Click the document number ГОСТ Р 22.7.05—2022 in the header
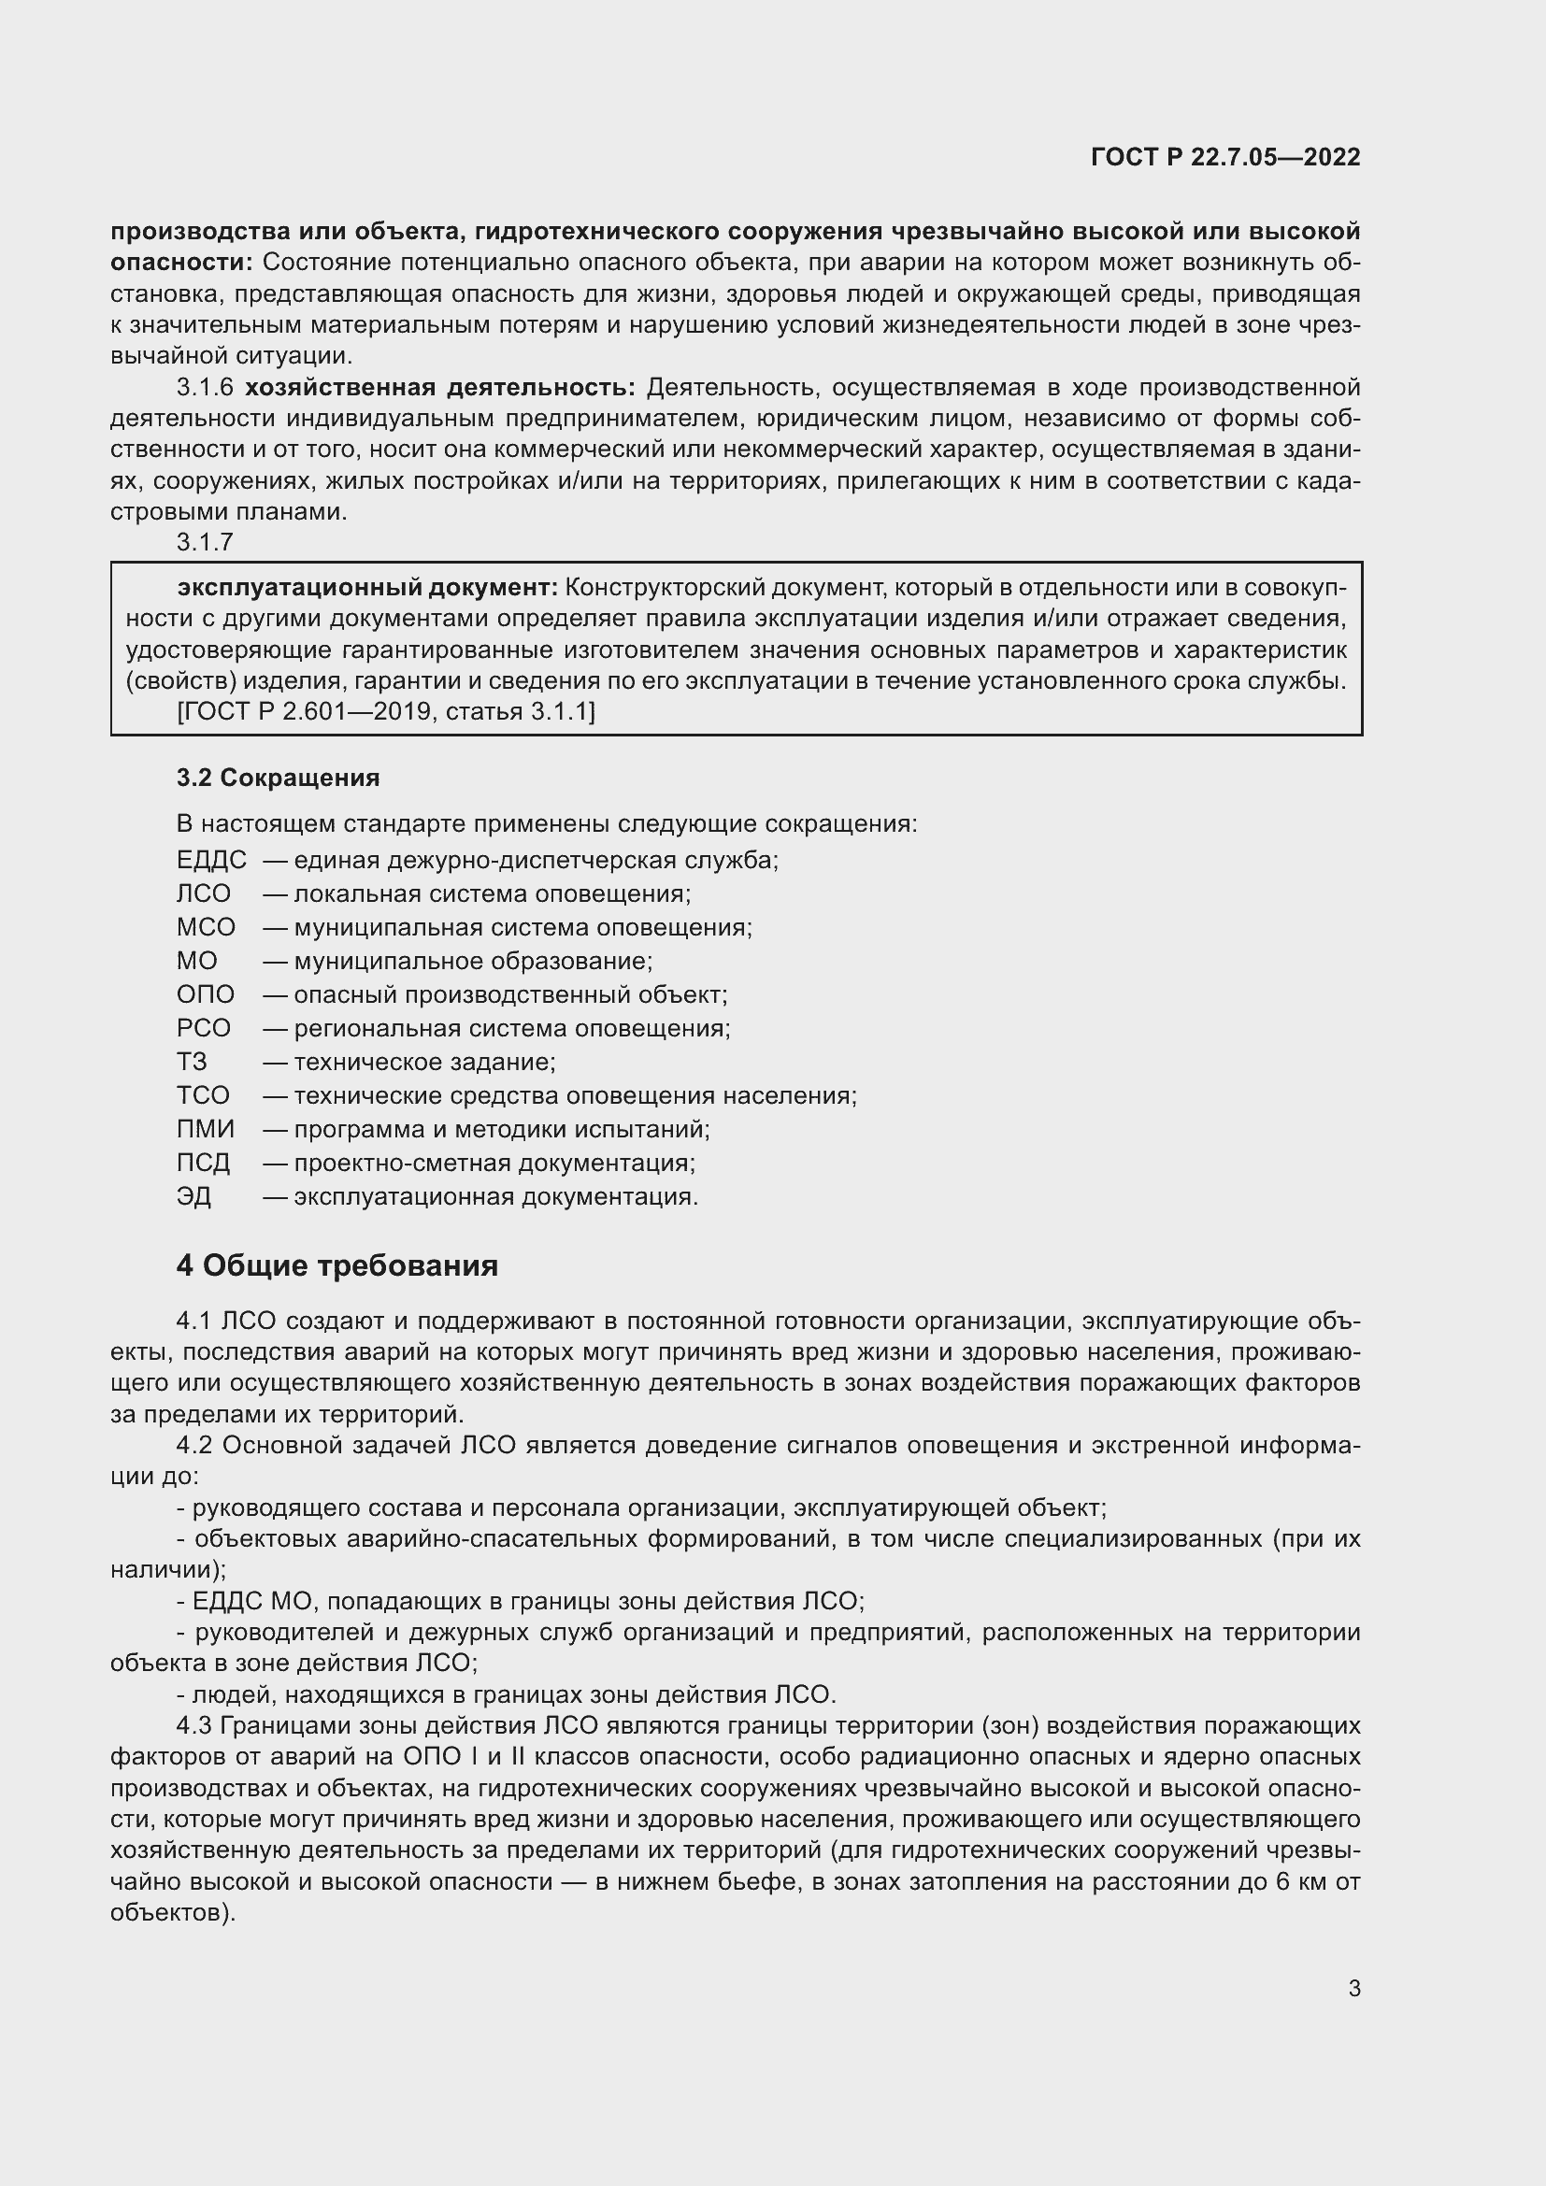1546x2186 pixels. click(1225, 157)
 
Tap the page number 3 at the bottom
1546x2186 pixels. click(1353, 1988)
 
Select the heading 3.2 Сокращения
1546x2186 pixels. click(278, 778)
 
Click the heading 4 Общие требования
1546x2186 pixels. click(337, 1265)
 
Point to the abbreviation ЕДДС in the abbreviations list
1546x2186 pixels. click(211, 861)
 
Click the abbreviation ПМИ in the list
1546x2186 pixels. click(205, 1129)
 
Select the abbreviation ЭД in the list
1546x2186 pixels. click(193, 1197)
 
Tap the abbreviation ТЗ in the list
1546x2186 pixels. click(192, 1062)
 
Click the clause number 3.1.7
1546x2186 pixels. click(205, 542)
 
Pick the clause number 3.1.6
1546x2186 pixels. click(205, 388)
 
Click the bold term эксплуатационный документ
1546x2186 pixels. click(367, 588)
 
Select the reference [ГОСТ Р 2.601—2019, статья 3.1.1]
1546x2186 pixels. click(385, 711)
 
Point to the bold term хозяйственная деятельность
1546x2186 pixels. click(440, 388)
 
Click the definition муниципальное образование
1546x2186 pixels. click(473, 962)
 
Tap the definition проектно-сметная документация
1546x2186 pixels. click(494, 1164)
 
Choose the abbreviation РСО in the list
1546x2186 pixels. click(204, 1028)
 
